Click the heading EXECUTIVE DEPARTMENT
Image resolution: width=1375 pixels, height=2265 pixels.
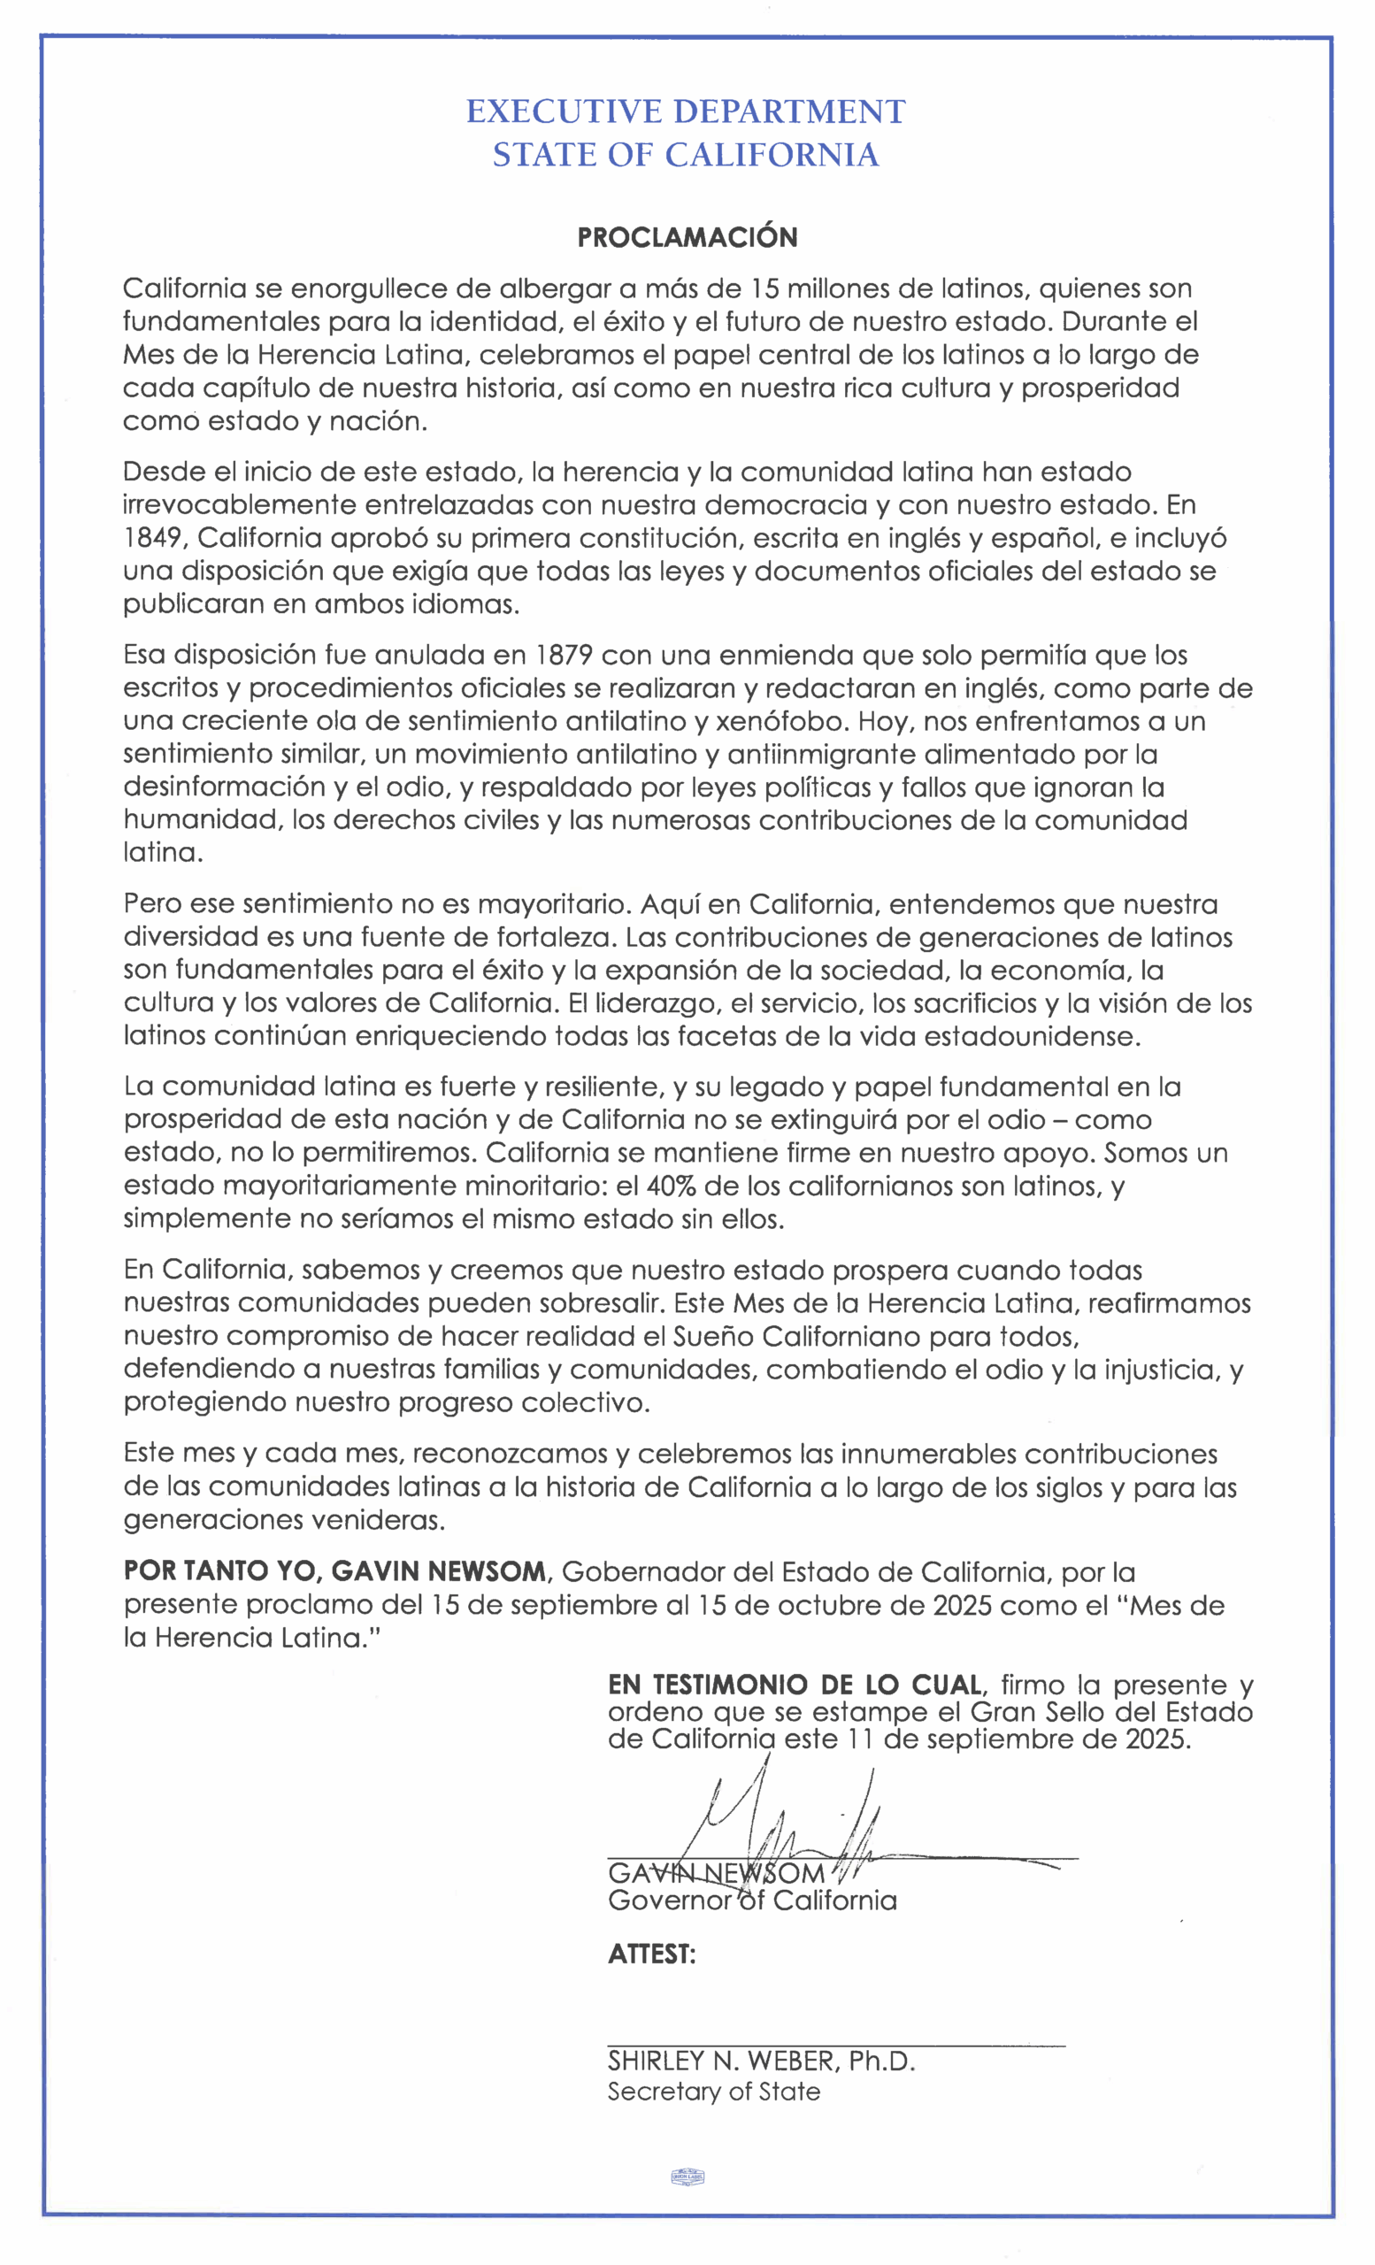686,111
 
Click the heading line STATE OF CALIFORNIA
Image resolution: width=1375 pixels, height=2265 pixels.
686,155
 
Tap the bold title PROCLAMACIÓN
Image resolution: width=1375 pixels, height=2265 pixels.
687,237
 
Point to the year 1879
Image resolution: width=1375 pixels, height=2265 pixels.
564,656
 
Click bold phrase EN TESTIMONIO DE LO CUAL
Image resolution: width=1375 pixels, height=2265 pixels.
796,1685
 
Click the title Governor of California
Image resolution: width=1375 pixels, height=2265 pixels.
752,1900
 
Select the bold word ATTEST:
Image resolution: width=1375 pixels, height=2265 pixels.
651,1954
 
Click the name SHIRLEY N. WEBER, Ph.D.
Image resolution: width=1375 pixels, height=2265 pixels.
761,2060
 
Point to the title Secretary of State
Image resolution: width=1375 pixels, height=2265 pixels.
713,2092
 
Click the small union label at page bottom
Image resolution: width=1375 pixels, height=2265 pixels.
687,2176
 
